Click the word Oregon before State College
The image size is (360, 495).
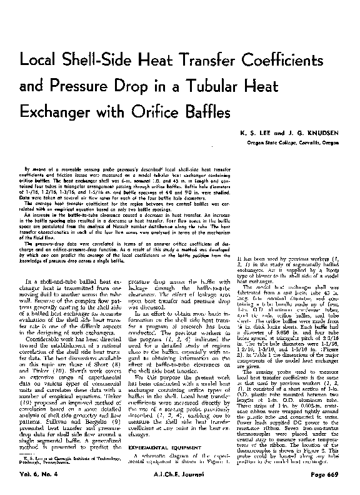[255, 142]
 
